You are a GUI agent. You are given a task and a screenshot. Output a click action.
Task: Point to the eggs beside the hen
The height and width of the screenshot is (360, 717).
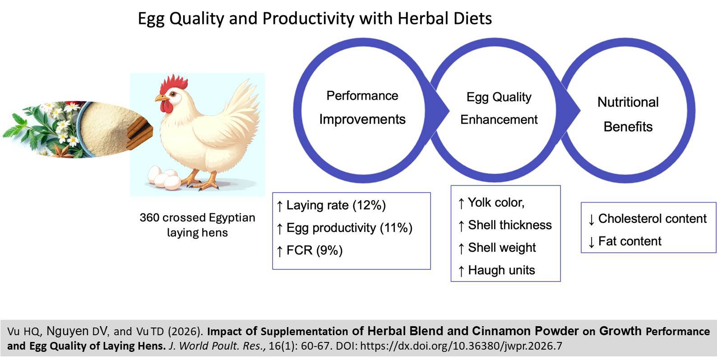click(x=164, y=178)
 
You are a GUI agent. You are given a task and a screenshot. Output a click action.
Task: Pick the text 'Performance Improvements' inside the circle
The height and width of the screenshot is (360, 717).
click(x=362, y=107)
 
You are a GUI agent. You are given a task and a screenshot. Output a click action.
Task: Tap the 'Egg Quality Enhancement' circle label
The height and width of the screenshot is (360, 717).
click(x=499, y=108)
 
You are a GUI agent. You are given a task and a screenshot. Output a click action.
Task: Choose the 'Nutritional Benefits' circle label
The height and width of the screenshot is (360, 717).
click(x=628, y=114)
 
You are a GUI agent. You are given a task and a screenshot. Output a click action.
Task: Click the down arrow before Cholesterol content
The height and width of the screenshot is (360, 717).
click(x=591, y=220)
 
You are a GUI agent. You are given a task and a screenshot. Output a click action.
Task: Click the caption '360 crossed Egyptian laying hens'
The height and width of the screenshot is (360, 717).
click(x=197, y=225)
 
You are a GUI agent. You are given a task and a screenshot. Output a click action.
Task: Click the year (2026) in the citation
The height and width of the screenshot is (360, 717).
click(x=185, y=332)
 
